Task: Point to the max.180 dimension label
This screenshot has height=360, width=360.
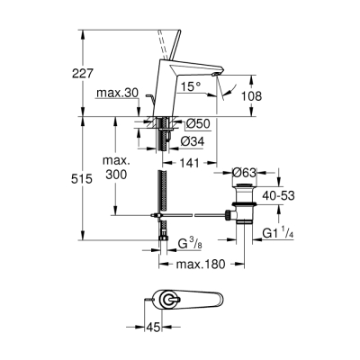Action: (x=201, y=264)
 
